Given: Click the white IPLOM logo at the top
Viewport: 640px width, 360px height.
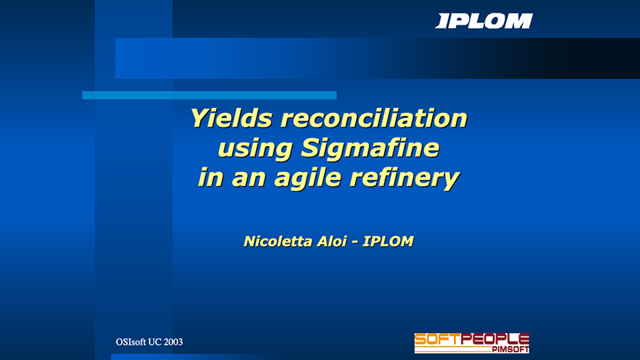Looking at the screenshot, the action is pos(484,21).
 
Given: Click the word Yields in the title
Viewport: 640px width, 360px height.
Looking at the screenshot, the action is pos(231,119).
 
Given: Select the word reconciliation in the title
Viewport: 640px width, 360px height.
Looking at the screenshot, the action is pos(374,119).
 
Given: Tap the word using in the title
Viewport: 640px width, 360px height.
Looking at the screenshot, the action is pos(255,149).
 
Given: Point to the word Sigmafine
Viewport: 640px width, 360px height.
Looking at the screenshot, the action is pos(370,148).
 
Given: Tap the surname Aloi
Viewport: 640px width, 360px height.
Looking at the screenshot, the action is pos(332,241).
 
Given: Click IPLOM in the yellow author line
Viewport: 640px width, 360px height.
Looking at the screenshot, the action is pos(388,241).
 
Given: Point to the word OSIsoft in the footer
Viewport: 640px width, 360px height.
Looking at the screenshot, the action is pos(131,342).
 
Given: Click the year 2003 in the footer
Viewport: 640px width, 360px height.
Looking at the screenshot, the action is pos(173,342).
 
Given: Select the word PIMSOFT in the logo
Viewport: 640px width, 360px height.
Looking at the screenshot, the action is pos(510,349).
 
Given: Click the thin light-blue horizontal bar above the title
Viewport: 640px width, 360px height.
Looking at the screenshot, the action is pos(209,95).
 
